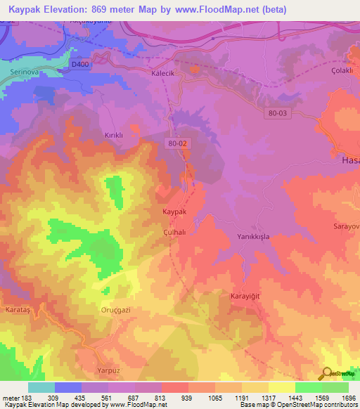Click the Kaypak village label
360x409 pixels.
[x=174, y=212]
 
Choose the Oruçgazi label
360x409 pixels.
[x=116, y=310]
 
